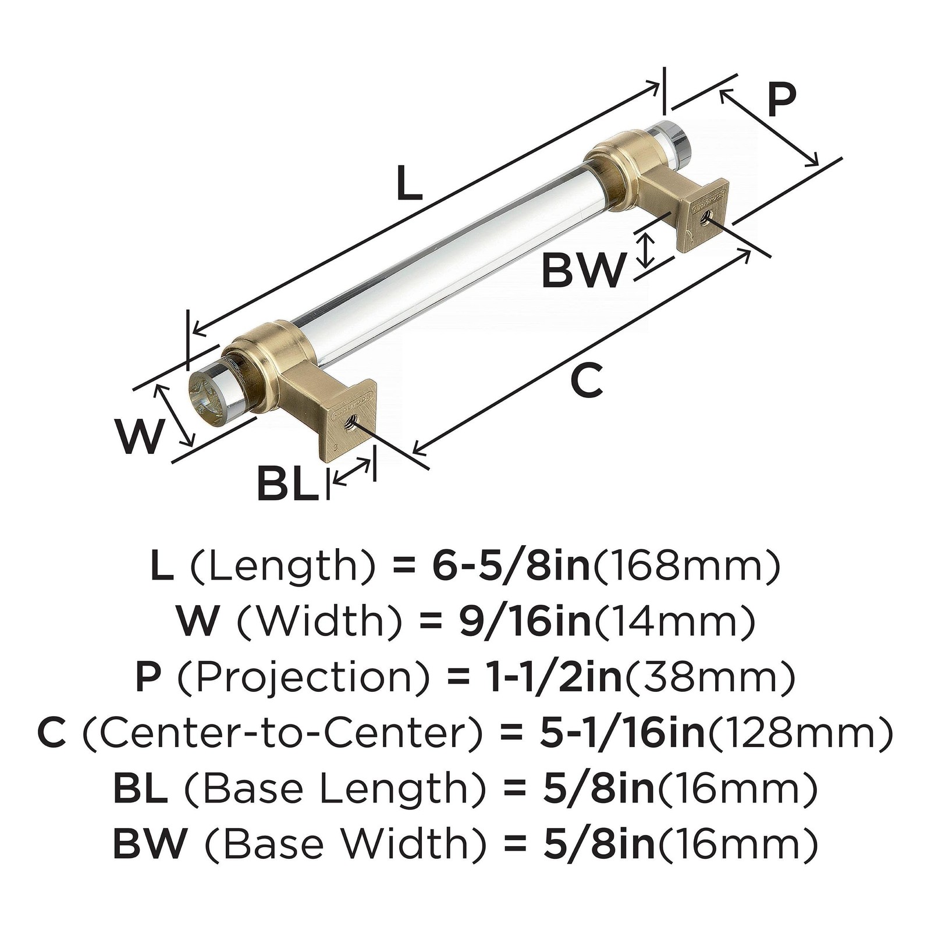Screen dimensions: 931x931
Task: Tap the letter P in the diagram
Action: (x=780, y=100)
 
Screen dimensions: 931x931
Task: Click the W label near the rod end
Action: (x=138, y=436)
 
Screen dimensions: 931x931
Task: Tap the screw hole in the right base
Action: (x=706, y=216)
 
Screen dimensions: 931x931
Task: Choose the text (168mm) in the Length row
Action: (x=685, y=567)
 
